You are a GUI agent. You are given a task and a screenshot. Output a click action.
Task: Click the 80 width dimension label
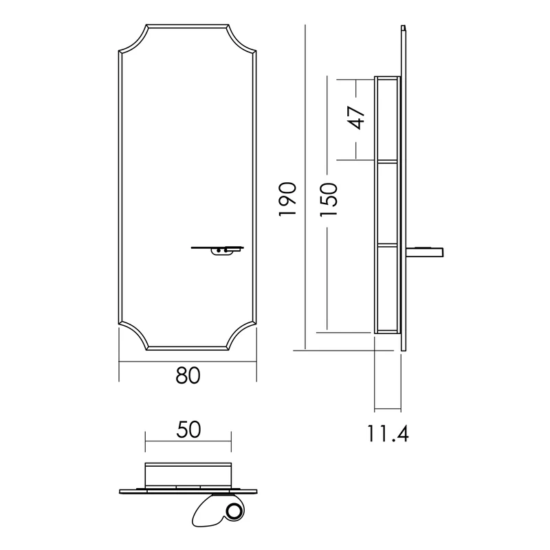[188, 375]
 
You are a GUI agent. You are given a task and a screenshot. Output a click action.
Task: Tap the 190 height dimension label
[288, 199]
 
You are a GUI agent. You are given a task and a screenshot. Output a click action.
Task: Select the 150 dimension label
[329, 199]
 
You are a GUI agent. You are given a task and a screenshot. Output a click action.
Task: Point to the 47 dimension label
[356, 118]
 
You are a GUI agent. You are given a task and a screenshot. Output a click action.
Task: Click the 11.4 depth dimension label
[388, 433]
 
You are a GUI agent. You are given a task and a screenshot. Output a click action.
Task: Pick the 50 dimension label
[188, 430]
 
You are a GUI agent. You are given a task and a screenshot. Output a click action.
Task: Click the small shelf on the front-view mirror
[217, 247]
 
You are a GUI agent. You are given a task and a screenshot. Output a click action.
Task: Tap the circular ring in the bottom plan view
[232, 511]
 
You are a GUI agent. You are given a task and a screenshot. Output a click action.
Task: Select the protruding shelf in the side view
[424, 252]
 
